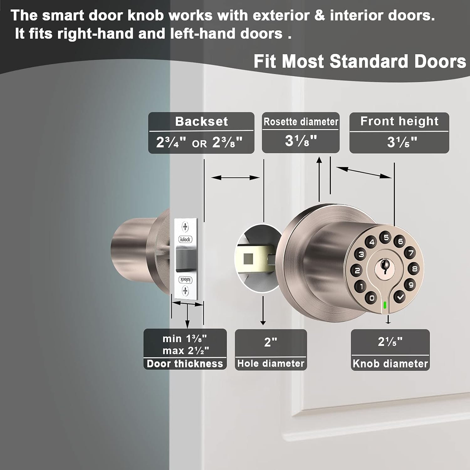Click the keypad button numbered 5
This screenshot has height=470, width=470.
click(386, 238)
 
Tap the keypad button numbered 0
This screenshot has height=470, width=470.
click(372, 297)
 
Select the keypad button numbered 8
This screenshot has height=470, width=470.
click(414, 269)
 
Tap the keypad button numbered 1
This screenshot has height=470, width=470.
click(361, 286)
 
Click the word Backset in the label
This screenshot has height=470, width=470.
click(201, 121)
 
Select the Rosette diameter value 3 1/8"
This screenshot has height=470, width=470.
click(301, 141)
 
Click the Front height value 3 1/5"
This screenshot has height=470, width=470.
click(402, 142)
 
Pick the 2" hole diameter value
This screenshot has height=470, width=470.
click(271, 342)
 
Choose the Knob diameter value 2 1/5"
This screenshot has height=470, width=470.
click(390, 342)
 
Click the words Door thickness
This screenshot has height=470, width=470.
click(185, 364)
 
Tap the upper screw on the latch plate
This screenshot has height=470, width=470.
click(185, 227)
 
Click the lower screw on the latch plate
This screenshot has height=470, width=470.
click(185, 291)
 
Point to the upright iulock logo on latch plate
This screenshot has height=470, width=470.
click(185, 239)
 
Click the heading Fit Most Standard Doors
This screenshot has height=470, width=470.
click(360, 61)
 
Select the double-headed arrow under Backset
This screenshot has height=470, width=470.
click(235, 178)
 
